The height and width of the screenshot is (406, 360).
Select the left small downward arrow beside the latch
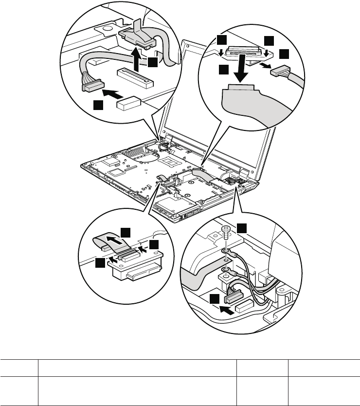(x=222, y=51)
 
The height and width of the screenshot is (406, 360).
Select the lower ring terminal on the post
(x=225, y=268)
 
